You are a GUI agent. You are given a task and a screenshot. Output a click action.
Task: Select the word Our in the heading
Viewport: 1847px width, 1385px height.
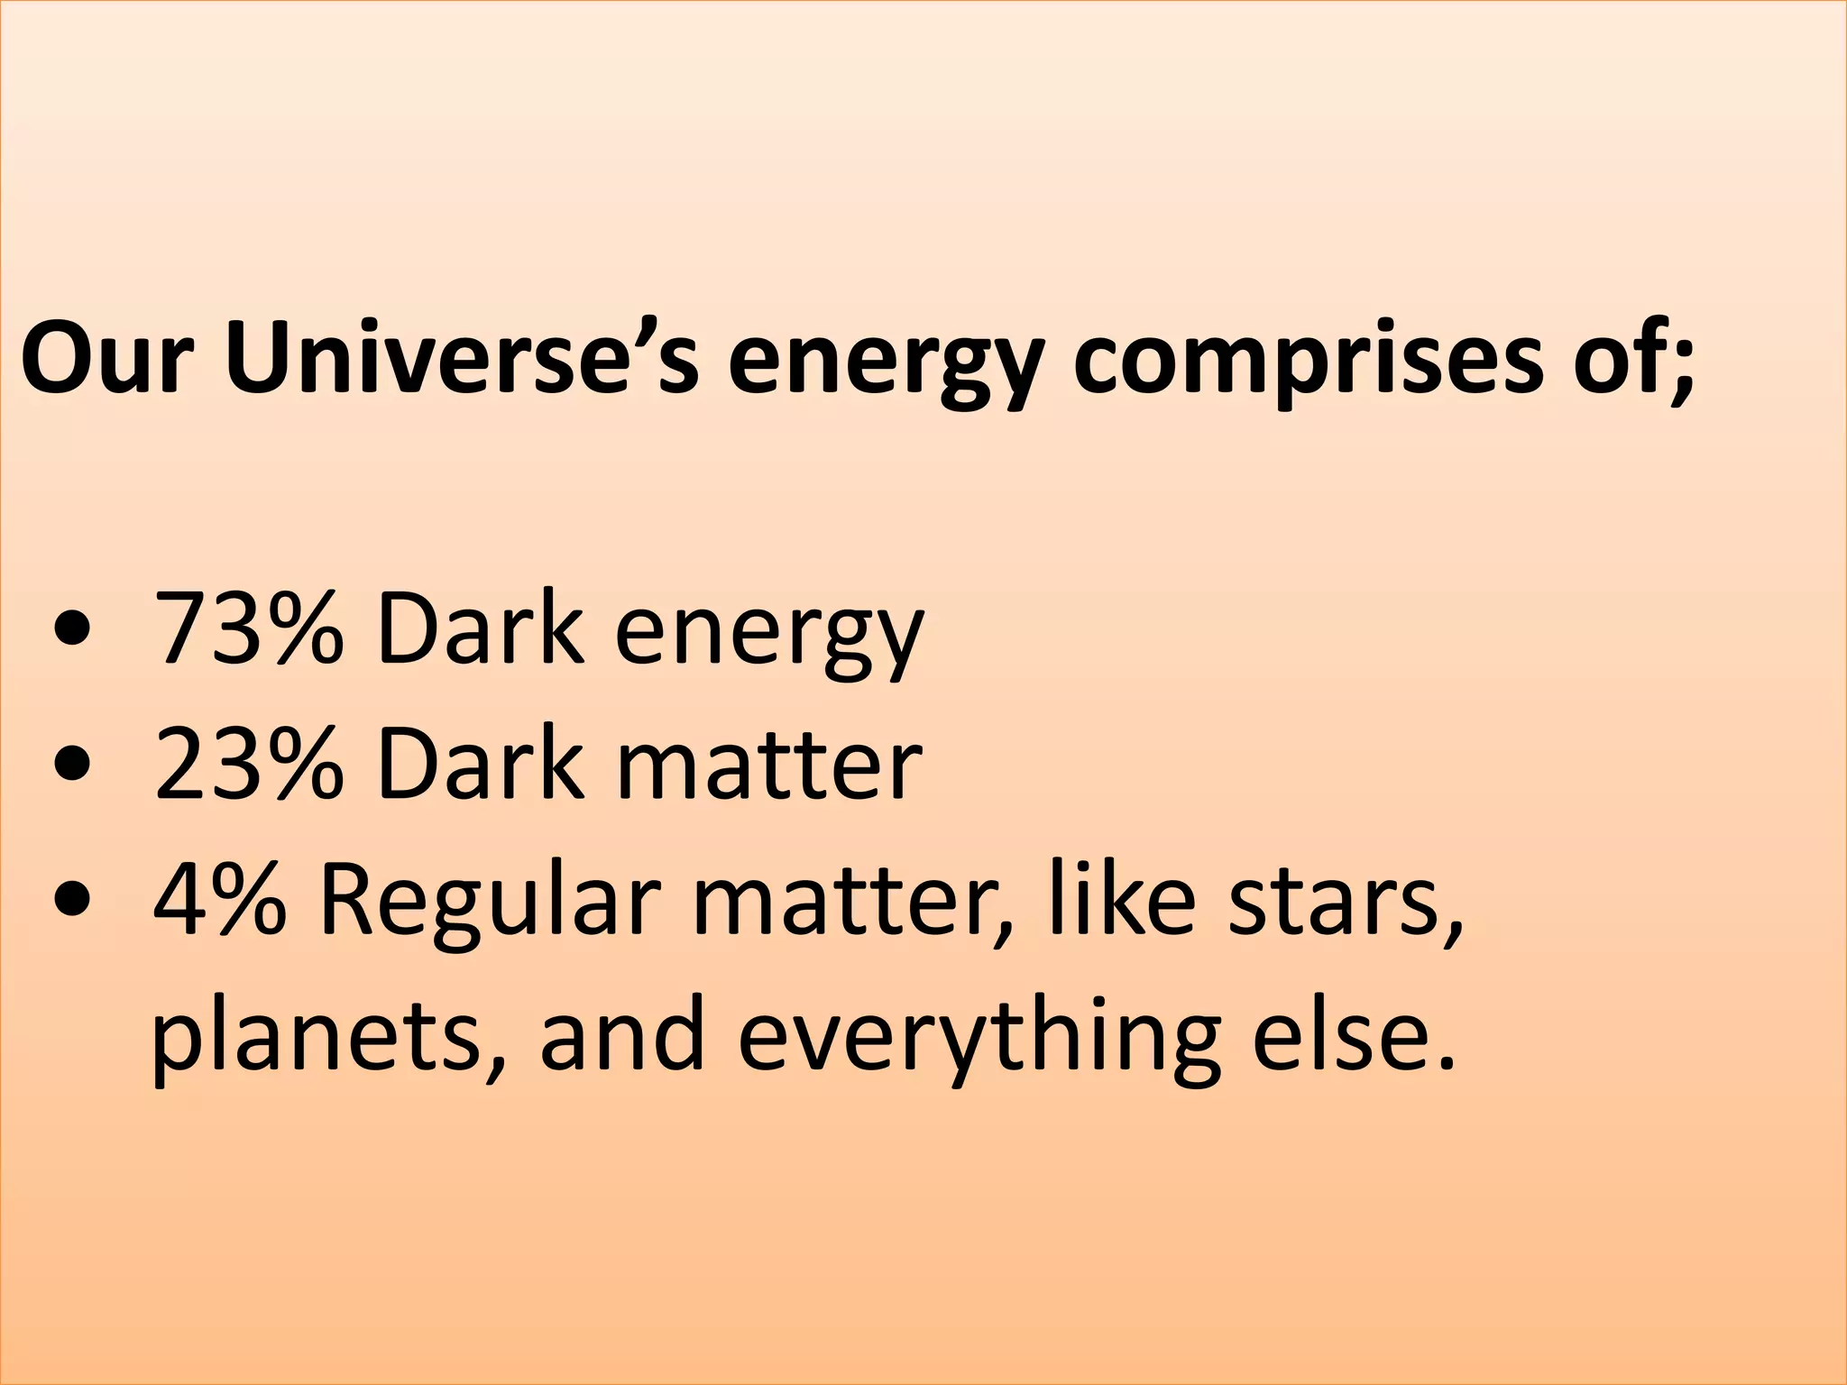coord(107,357)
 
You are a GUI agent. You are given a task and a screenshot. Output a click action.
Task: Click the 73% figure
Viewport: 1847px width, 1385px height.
coord(249,628)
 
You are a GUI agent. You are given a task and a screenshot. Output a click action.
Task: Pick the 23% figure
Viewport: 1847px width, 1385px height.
coord(249,765)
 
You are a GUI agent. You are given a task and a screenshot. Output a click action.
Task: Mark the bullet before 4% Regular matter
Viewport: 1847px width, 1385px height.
coord(72,903)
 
